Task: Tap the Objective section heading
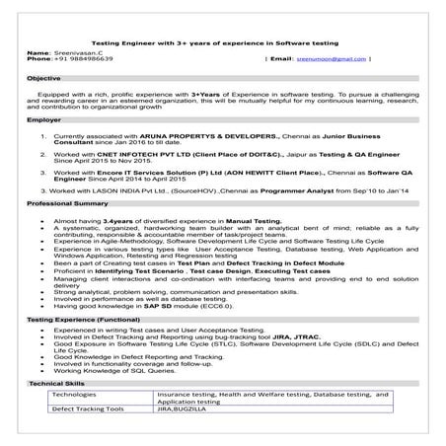pyautogui.click(x=43, y=77)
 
